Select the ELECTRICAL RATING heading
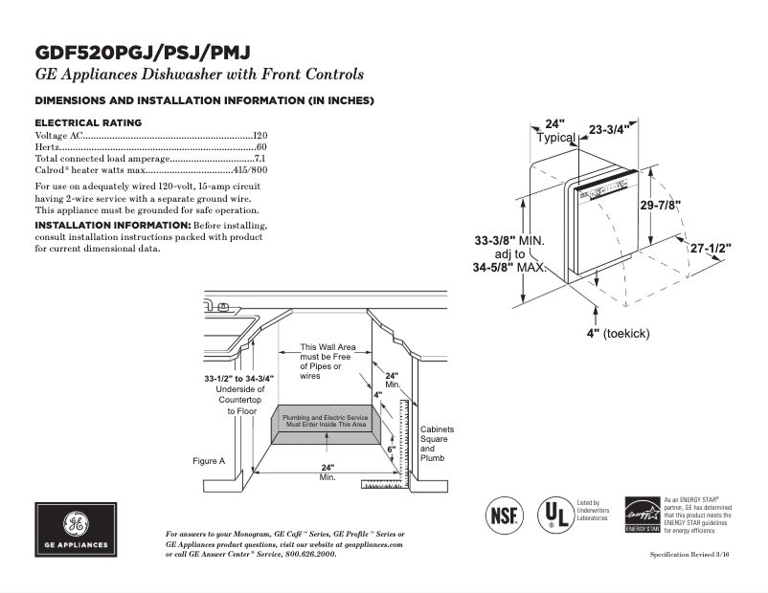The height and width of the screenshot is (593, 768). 88,122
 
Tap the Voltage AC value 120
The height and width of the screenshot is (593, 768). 260,137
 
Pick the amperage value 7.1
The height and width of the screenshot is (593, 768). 260,159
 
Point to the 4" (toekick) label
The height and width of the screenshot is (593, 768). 618,333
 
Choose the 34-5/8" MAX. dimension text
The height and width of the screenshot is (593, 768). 508,269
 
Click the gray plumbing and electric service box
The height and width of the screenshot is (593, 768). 325,422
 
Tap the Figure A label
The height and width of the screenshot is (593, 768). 208,461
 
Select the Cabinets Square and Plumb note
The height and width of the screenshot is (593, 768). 438,444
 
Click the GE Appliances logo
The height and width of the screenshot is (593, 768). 76,530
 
